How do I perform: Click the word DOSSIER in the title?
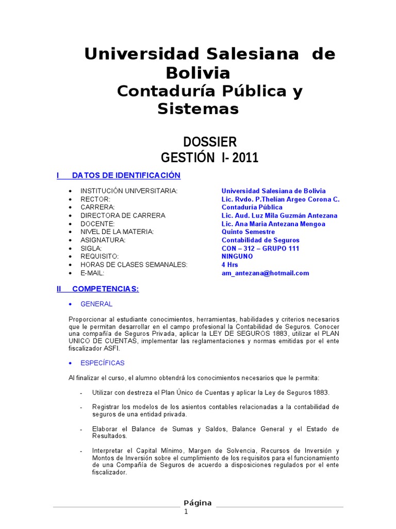pos(210,142)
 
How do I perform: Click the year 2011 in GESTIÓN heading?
pos(245,158)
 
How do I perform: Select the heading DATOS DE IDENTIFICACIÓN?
pos(126,176)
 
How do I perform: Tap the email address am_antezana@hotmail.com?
pos(265,273)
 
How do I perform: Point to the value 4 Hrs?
pos(230,265)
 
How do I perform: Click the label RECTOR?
pos(95,199)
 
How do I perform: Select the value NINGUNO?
pos(237,257)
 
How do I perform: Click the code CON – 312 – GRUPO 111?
pos(260,248)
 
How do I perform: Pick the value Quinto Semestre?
pos(248,232)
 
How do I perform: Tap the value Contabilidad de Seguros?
pos(260,240)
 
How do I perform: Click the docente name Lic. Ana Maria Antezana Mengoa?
pos(273,224)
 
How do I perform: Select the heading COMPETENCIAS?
pos(105,289)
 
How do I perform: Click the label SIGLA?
pos(91,248)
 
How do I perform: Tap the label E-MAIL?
pos(92,273)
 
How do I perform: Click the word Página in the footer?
pos(197,503)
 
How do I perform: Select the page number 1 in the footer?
pos(187,511)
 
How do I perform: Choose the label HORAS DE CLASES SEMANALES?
pos(134,265)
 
